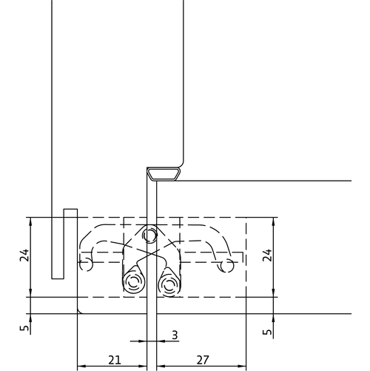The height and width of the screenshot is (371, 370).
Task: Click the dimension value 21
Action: coord(115,360)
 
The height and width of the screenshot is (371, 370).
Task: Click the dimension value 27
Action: coord(203,360)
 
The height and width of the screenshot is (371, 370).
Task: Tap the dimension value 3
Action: coord(175,335)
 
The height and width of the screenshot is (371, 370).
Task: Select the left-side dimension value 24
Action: coord(24,255)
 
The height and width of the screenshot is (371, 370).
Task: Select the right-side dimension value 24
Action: coord(267,255)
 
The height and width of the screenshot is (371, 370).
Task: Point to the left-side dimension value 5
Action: coord(24,328)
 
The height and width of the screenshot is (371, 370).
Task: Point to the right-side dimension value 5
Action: coord(267,332)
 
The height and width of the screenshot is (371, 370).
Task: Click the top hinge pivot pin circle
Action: coord(149,234)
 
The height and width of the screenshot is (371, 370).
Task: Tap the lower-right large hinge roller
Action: coord(169,284)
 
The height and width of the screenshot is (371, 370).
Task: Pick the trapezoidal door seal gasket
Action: coord(164,174)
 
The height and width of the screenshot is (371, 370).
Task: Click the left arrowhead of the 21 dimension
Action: coord(81,366)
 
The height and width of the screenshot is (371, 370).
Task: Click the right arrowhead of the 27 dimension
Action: coord(243,366)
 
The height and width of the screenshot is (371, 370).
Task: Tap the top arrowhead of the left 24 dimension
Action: coord(30,221)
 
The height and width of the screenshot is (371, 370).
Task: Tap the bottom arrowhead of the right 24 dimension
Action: coord(273,293)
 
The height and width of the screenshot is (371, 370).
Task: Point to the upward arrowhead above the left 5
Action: coord(30,318)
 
